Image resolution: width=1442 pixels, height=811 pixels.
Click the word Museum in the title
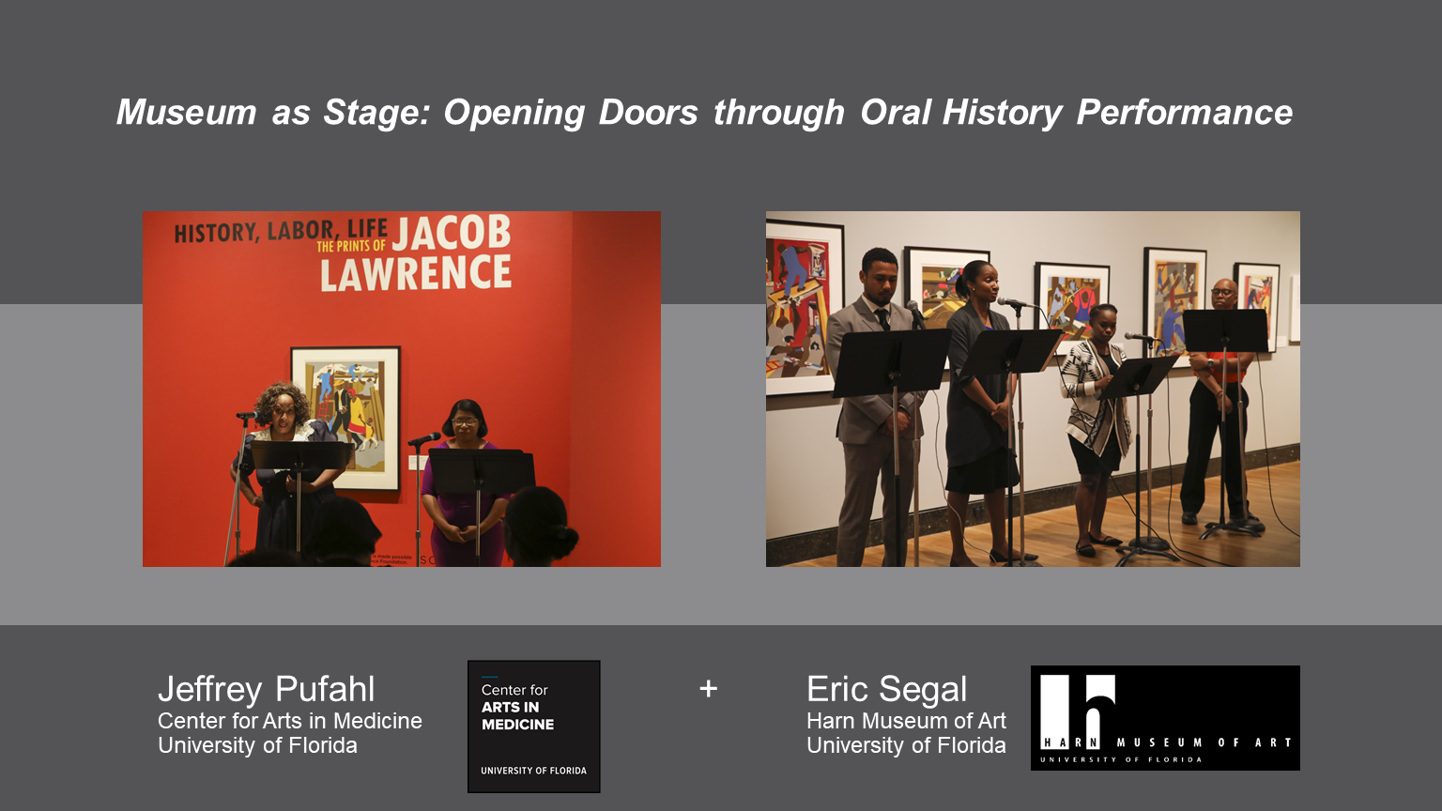(186, 113)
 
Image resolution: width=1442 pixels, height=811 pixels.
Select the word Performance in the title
(1184, 113)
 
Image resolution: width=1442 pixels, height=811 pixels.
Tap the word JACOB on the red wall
(452, 233)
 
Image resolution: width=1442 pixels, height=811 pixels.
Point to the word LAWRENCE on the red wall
(416, 274)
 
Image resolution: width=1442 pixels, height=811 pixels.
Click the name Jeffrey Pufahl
(267, 689)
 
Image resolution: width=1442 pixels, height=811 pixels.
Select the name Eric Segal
(886, 689)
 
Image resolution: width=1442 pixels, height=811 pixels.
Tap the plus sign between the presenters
(709, 689)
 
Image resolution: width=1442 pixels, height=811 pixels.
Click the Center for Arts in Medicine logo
(533, 727)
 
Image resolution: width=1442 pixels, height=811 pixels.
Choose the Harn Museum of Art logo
(1165, 718)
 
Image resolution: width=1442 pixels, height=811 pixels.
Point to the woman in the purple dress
(464, 488)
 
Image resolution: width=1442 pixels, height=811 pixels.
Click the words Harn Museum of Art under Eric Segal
(906, 721)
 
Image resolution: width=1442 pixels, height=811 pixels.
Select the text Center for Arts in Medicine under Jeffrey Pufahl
(289, 721)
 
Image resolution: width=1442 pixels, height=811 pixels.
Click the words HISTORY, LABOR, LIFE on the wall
(280, 231)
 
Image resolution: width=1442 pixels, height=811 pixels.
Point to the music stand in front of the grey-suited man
(890, 362)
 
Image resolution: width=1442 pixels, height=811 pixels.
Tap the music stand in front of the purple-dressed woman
(480, 469)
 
